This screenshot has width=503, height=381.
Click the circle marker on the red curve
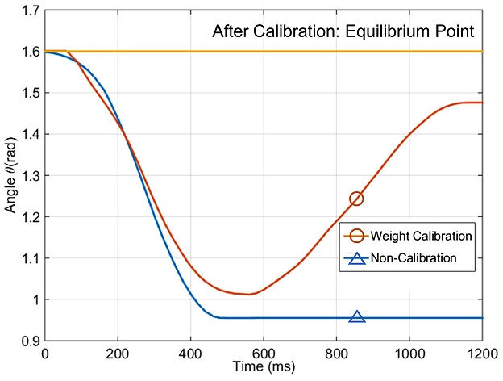point(356,199)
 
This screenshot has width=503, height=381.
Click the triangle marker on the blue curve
point(356,316)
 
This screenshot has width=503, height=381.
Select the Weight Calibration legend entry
point(421,236)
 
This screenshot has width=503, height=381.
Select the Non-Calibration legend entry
point(414,258)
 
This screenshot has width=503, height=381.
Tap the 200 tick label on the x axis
point(118,353)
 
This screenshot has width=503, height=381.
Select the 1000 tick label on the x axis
point(409,353)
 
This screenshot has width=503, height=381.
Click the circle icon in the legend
point(356,236)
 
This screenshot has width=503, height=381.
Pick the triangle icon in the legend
point(356,258)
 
